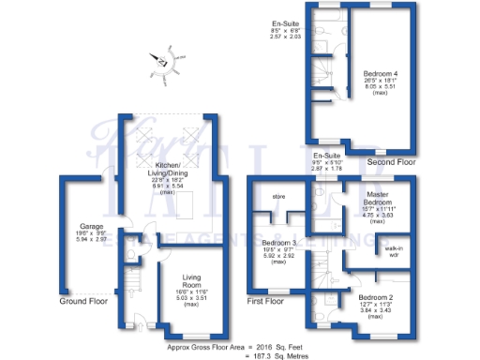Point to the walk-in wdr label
point(395,250)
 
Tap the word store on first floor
point(278,197)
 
